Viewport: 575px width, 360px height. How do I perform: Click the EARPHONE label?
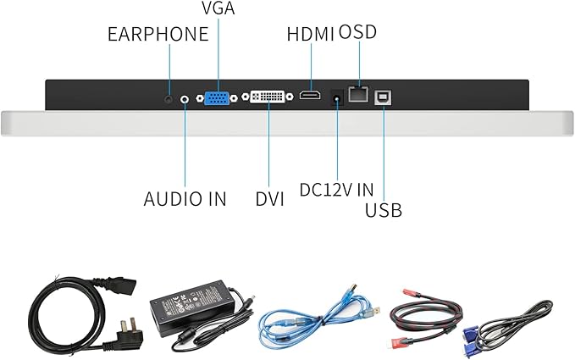tap(158, 34)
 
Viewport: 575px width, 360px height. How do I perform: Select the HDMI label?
tap(311, 35)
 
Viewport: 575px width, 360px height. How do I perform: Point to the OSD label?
tap(357, 32)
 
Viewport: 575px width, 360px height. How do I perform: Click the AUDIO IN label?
tap(185, 199)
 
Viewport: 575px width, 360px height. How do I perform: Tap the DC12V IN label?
tap(337, 189)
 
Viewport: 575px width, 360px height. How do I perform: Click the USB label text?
tap(383, 209)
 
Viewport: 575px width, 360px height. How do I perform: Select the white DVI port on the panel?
tap(270, 98)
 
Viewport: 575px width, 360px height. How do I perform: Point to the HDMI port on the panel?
tap(309, 98)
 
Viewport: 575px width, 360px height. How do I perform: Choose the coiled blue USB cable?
tap(317, 318)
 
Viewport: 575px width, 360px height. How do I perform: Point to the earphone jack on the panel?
tap(169, 99)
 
